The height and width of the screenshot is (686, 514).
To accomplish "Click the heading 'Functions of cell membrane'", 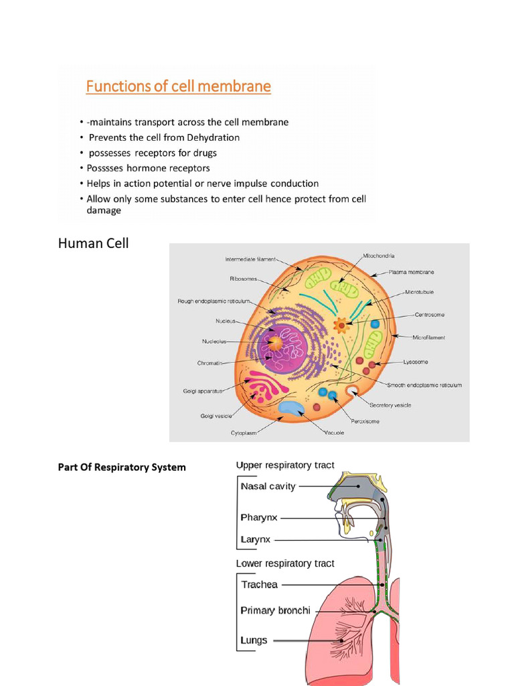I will click(x=177, y=86).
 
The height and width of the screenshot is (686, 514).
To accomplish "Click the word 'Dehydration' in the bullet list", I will click(x=209, y=137).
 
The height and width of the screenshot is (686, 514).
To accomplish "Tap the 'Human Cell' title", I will click(x=94, y=243).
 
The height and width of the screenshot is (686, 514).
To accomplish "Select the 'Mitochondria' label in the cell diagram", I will click(x=378, y=256).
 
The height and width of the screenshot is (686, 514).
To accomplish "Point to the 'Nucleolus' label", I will click(x=215, y=341).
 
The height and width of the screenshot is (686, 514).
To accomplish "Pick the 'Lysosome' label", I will click(x=415, y=362).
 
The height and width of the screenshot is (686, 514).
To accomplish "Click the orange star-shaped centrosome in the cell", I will click(x=341, y=326).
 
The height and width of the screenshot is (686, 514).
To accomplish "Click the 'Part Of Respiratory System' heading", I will click(x=122, y=467).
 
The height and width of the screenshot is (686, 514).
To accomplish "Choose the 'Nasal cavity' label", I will click(x=268, y=486).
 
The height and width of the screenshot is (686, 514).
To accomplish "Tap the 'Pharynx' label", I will click(x=259, y=518).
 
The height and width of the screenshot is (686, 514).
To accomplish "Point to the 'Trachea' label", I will click(x=259, y=584).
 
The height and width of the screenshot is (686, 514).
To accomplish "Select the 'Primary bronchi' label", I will click(x=275, y=610).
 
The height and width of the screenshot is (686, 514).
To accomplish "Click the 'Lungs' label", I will click(x=254, y=640).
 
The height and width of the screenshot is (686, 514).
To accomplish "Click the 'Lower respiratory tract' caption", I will click(x=285, y=563).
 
